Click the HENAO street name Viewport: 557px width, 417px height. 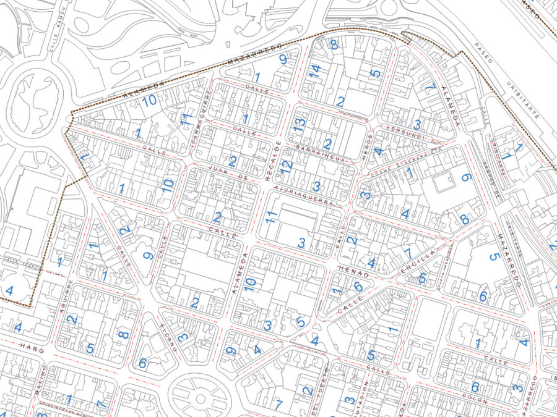tap(354, 271)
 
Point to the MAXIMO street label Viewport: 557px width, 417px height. tap(40, 381)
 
